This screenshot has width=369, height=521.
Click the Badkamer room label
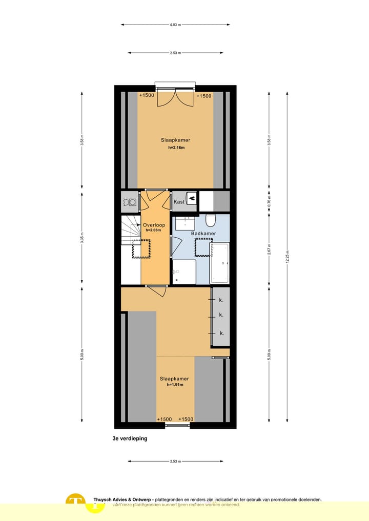point(203,233)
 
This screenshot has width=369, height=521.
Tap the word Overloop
point(153,225)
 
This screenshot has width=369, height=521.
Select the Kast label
point(179,202)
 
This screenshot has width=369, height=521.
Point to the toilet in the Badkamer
point(210,220)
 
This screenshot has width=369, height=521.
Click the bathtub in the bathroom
point(220,263)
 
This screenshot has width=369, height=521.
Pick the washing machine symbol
point(132,202)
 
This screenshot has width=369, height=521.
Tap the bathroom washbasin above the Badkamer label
point(184,223)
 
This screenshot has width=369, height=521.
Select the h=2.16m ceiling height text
point(175,148)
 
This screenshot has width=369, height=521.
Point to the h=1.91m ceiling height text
point(175,385)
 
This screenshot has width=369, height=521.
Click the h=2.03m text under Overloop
point(153,230)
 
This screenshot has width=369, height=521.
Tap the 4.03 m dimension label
point(175,25)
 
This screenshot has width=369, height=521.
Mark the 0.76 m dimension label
point(269,202)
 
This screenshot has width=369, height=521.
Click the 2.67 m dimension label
point(269,251)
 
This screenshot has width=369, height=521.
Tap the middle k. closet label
point(221,315)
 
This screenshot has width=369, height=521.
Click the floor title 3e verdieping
point(130,439)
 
